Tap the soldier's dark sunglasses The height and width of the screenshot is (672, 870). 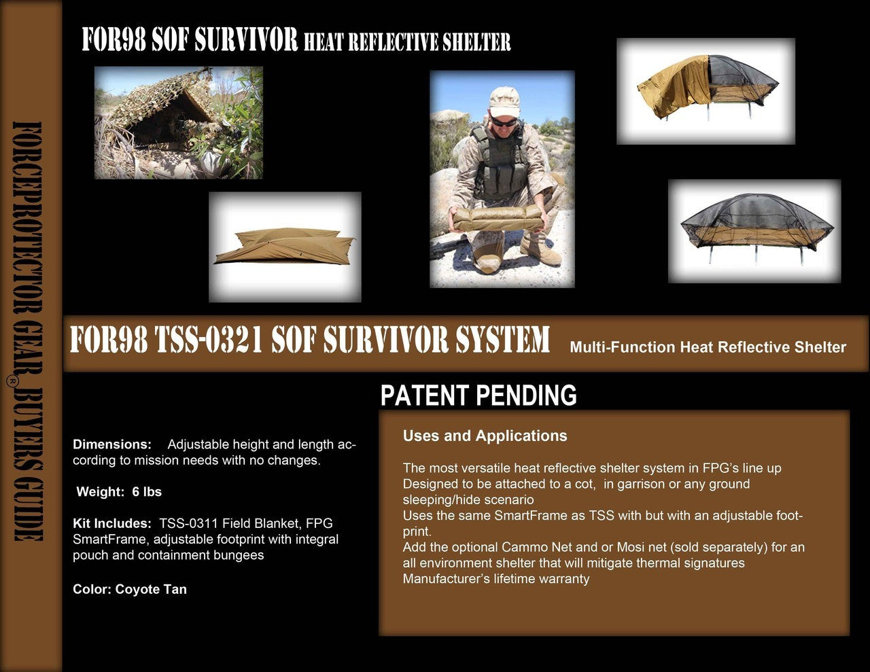[503, 122]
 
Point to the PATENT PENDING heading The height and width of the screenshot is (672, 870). [478, 395]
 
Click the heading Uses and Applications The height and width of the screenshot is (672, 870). [485, 436]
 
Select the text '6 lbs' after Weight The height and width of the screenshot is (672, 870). [147, 491]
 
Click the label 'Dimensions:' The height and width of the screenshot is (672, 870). [112, 444]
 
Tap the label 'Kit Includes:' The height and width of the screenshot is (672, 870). [112, 523]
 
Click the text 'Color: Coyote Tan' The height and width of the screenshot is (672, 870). [130, 589]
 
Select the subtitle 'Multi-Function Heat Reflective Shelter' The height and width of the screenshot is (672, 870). [708, 347]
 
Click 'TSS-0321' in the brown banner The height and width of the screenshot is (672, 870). [209, 340]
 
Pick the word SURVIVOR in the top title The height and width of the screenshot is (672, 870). [246, 39]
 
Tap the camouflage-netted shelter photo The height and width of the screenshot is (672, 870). [179, 122]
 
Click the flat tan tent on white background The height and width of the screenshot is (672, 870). [285, 246]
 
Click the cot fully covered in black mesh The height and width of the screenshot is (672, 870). [754, 228]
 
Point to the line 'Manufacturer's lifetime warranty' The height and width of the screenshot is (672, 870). [496, 579]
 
